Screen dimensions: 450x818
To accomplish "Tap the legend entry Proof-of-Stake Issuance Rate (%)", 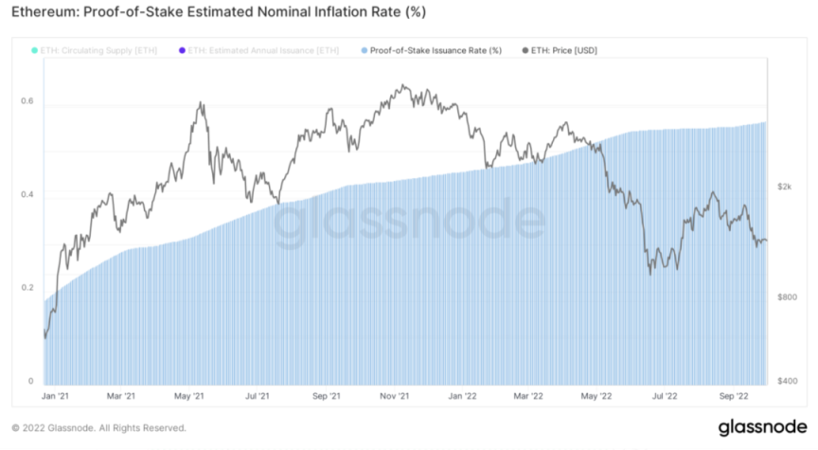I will point(436,49).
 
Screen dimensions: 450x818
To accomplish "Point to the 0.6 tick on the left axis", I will point(29,101).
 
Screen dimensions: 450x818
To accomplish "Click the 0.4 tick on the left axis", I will point(29,194).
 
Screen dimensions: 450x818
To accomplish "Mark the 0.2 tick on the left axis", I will point(29,287).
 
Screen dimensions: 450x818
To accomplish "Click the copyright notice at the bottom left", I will point(98,427).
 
